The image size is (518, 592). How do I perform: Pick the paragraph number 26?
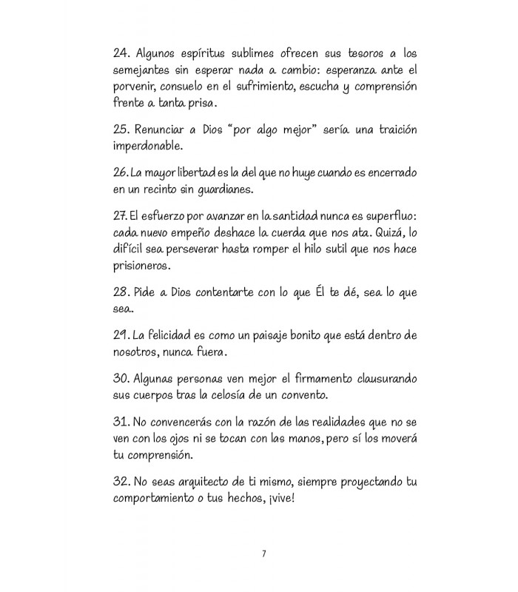click(x=121, y=172)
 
